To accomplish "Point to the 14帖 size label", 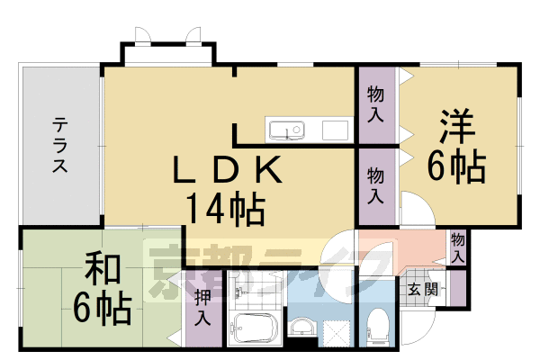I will tap(225, 209).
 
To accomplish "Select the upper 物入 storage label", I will tap(375, 103).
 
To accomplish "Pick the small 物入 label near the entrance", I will tap(457, 247).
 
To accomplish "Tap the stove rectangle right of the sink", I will tap(335, 130).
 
